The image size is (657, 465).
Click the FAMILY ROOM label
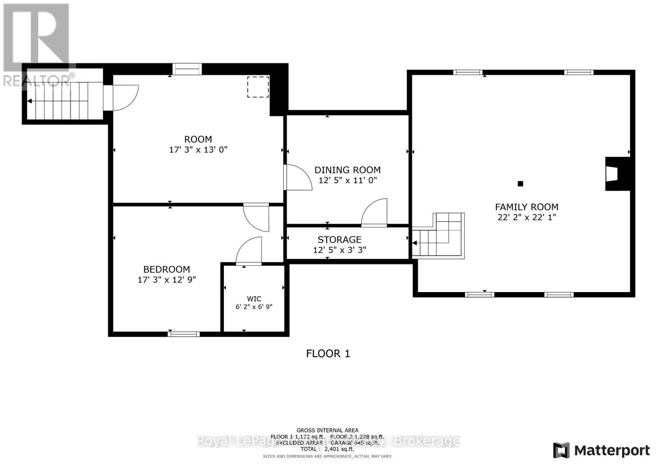click(526, 207)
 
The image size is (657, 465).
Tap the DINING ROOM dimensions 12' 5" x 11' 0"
click(347, 180)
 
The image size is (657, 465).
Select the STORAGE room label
click(339, 239)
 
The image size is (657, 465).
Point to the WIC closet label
click(254, 299)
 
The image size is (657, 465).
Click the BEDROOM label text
click(166, 269)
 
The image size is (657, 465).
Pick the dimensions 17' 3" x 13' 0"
click(198, 150)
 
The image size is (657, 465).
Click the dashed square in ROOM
click(258, 87)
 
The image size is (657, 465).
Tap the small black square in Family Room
click(520, 184)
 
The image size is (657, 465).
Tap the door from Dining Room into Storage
click(375, 213)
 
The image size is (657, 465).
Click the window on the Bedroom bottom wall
click(184, 334)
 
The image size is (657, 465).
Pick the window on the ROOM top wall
click(187, 69)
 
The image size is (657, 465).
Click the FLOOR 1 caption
click(328, 353)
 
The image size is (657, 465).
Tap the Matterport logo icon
click(561, 450)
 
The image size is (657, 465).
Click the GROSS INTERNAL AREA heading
click(327, 430)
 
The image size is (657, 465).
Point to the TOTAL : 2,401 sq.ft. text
click(327, 449)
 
